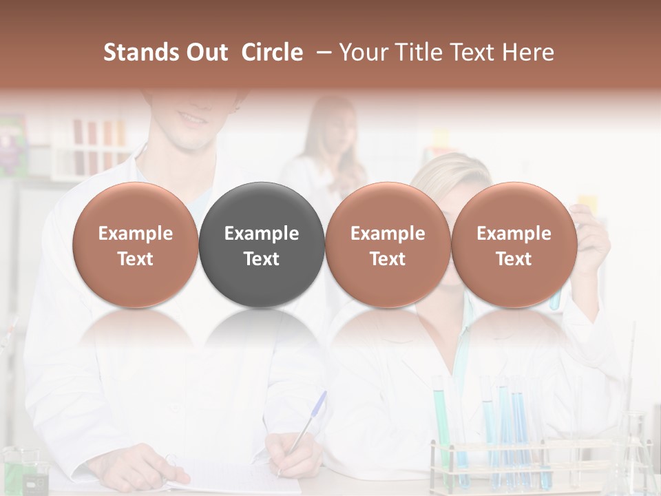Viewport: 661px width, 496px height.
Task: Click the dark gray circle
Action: tap(262, 245)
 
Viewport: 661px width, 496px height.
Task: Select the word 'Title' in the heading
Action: tap(414, 52)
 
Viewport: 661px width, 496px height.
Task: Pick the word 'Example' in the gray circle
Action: tap(262, 234)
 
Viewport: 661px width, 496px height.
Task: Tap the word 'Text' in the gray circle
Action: tap(262, 259)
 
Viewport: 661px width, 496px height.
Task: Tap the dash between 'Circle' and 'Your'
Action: tap(321, 52)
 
